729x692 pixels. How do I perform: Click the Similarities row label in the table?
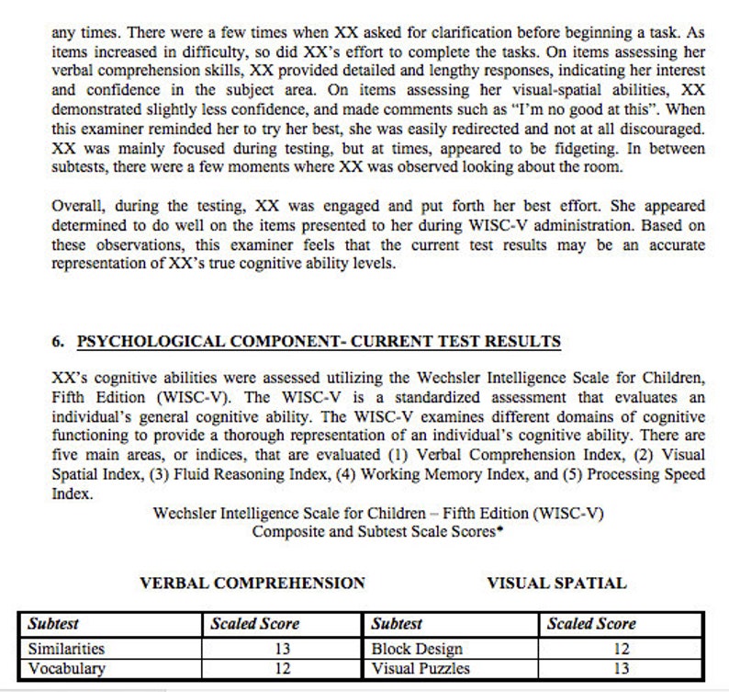tap(66, 649)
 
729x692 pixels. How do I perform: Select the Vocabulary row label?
tap(66, 669)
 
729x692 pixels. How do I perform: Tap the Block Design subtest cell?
tap(416, 649)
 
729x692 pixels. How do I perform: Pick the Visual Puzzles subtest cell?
tap(421, 669)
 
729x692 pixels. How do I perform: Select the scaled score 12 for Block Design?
tap(621, 649)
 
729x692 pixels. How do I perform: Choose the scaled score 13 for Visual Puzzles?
tap(621, 669)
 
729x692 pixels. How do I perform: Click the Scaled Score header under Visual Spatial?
tap(591, 624)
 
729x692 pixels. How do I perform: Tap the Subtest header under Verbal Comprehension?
tap(53, 624)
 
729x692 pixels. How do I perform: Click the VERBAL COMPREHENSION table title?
tap(252, 583)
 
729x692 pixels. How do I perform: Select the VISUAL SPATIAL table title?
tap(556, 583)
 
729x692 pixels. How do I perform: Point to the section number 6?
tap(58, 342)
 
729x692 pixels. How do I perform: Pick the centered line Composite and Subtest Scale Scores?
tap(377, 531)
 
